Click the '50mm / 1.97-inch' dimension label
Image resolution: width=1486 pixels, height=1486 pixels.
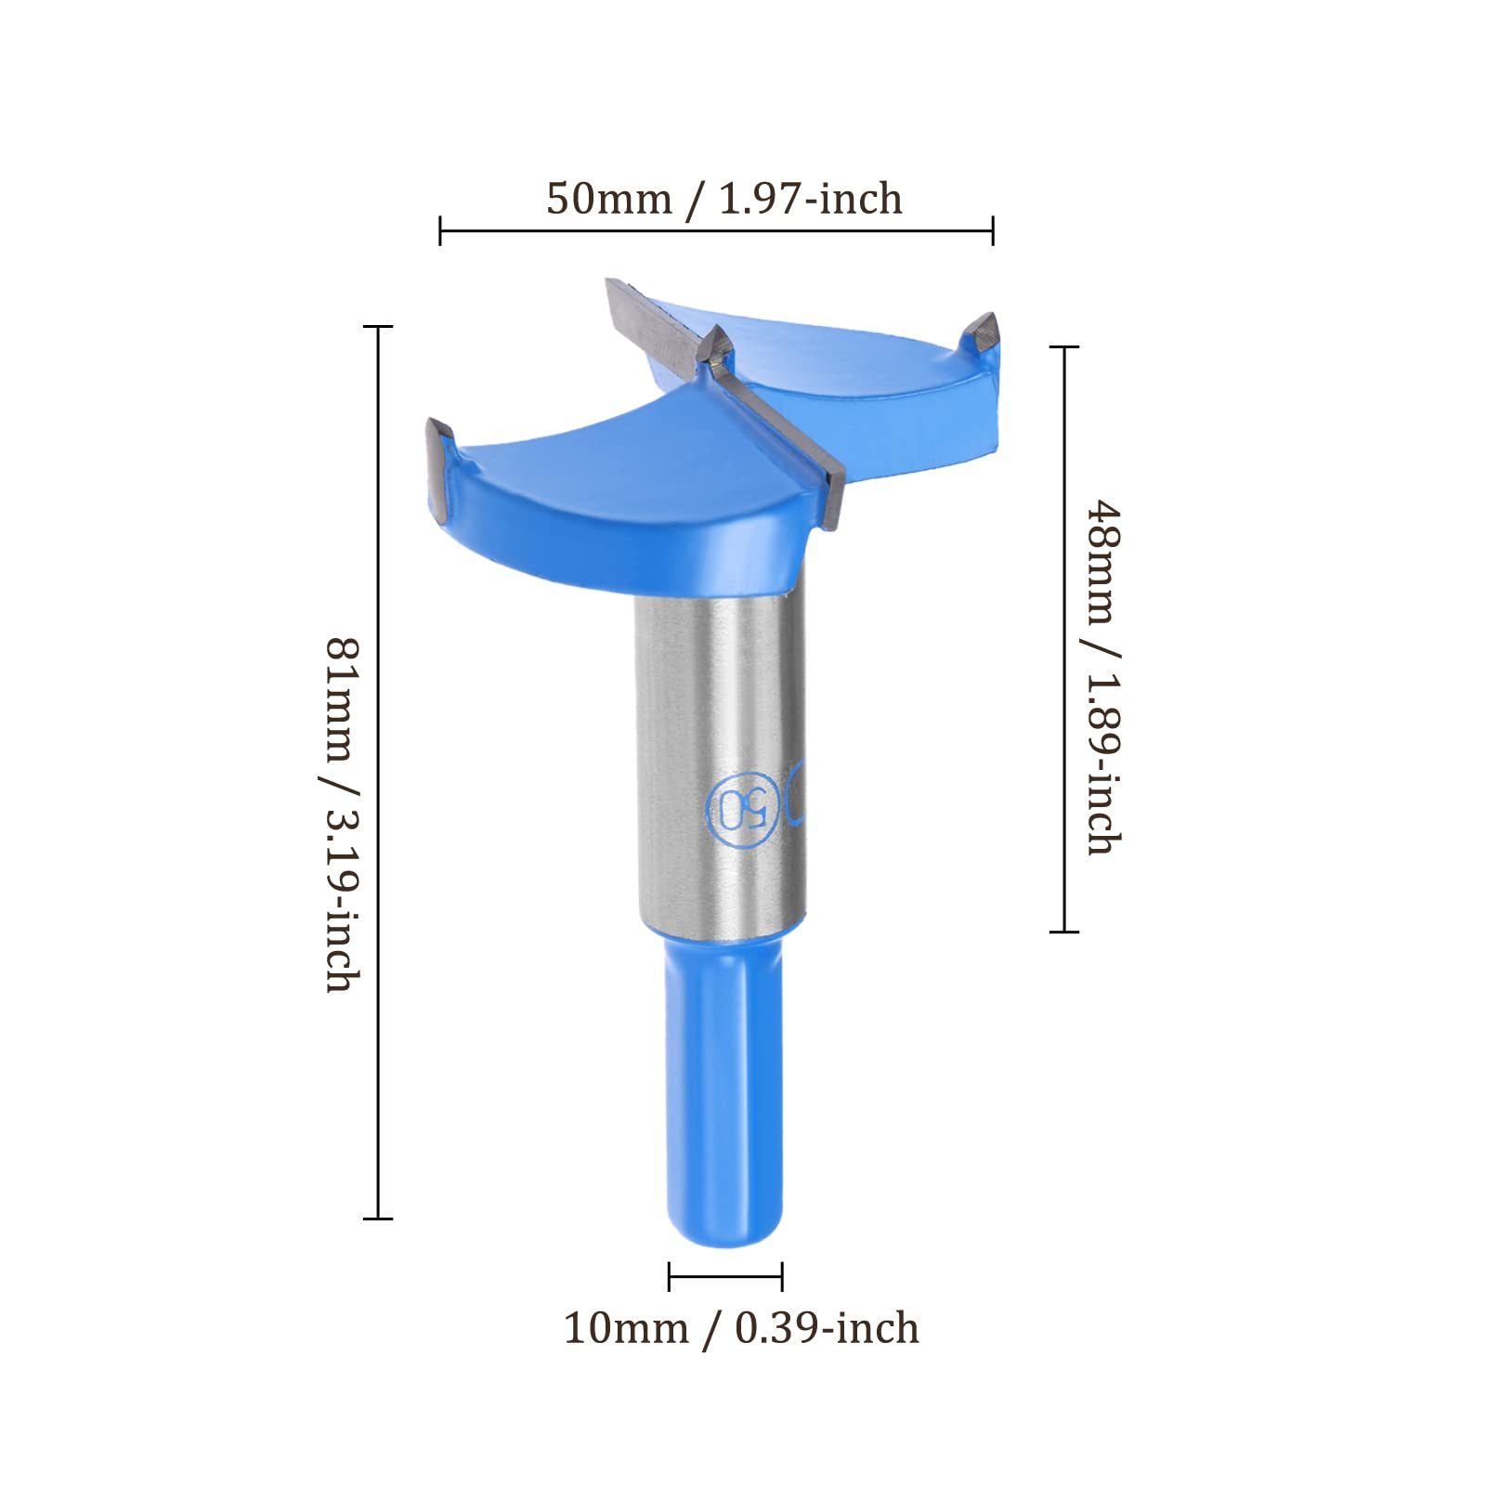coord(723,200)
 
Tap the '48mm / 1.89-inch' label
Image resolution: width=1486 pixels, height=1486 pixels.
coord(1103,677)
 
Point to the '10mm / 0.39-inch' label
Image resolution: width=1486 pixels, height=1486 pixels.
coord(741,1329)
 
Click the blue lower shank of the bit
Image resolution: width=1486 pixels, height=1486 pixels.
coord(723,1087)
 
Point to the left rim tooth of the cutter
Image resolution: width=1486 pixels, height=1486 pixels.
coord(439,464)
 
